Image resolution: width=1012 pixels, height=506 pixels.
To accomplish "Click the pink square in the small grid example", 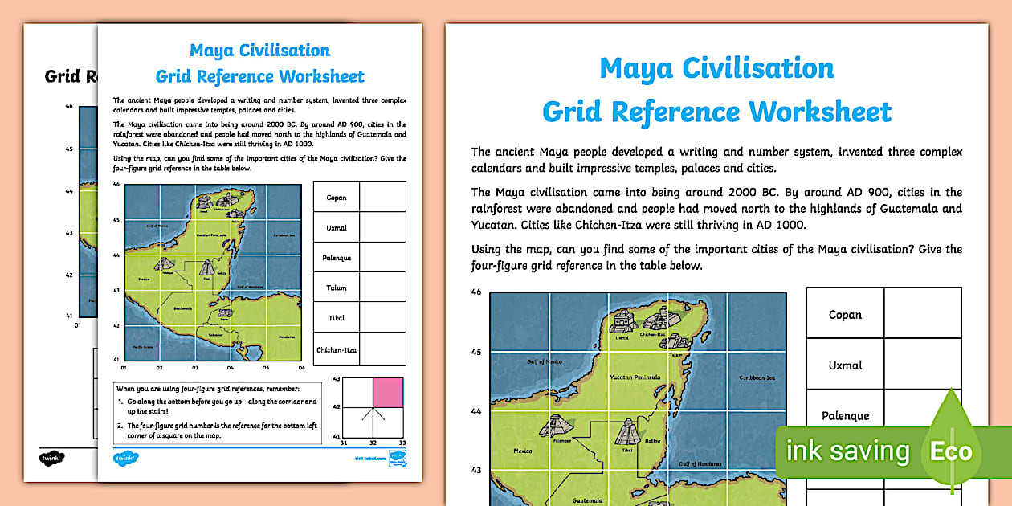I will click(x=388, y=393).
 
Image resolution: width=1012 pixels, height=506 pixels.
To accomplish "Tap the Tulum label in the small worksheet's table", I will click(x=337, y=288).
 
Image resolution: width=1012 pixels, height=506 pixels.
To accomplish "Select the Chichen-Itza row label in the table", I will click(x=337, y=350).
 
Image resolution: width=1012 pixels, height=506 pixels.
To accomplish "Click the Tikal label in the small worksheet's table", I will click(x=337, y=318).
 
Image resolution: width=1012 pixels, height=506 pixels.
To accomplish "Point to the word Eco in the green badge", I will click(x=951, y=451).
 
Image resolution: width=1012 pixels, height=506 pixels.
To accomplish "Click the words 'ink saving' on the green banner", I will click(x=847, y=451).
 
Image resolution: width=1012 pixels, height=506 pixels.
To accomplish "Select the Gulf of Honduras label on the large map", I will click(x=697, y=464).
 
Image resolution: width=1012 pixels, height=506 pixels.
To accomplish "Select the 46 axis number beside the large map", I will click(x=476, y=292).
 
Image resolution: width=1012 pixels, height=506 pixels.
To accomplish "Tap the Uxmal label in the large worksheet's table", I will click(x=845, y=365).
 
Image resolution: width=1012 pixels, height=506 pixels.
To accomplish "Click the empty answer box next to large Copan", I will click(x=922, y=313).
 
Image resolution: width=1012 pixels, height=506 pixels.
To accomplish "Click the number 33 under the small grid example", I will click(x=402, y=443).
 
